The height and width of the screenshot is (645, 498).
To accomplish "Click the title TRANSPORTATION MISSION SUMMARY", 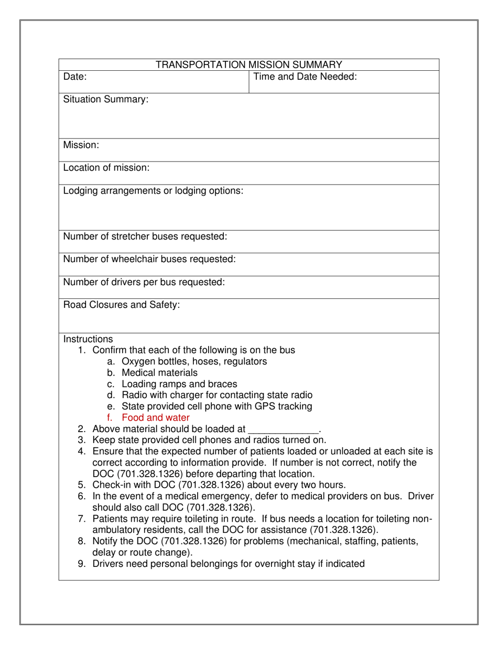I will [x=249, y=65].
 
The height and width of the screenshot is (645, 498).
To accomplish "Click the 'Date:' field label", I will [x=75, y=77].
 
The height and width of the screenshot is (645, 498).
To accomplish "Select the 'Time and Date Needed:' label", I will [x=305, y=77].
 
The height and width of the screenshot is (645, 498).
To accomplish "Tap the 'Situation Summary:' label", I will [x=106, y=100].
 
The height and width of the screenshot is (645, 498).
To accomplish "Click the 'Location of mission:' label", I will [x=106, y=168].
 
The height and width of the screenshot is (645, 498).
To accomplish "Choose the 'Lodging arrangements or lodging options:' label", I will [x=153, y=191].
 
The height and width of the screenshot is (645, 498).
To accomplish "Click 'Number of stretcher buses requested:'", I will [x=145, y=236].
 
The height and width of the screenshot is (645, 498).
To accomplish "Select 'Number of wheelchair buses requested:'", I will [x=149, y=259].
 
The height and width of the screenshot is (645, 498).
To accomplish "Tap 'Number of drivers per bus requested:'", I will [x=144, y=282].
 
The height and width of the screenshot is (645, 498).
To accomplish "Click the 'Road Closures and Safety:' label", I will [x=122, y=305].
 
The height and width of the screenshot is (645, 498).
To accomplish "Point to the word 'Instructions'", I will [x=88, y=339].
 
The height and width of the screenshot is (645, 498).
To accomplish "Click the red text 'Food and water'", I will [x=156, y=418].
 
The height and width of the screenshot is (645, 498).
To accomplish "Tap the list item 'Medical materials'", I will [x=159, y=373].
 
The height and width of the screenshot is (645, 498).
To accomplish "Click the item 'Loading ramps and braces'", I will [x=179, y=384].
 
